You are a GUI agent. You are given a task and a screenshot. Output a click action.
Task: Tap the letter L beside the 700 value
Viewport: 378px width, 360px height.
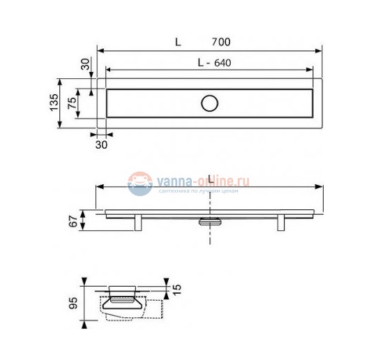(178, 42)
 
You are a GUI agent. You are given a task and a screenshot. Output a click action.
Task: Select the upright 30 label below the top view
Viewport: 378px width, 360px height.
(101, 144)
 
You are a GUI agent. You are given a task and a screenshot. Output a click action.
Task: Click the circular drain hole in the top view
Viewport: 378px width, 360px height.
(209, 104)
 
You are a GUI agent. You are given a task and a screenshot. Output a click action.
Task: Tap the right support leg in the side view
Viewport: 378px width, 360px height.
(280, 223)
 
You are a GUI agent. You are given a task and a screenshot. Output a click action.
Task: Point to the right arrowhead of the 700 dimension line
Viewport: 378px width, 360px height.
(319, 50)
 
